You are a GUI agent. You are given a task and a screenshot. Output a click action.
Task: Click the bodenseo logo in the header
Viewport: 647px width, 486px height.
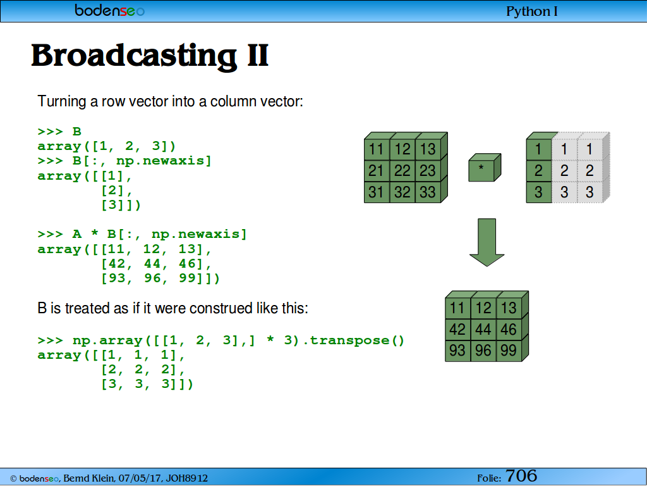[x=110, y=10]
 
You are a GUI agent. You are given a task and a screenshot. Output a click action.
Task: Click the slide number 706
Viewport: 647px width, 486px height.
[x=521, y=476]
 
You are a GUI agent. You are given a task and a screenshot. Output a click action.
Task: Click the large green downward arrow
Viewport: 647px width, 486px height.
[x=487, y=242]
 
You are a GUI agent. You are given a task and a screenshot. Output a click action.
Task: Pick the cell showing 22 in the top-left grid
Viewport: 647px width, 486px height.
[x=402, y=171]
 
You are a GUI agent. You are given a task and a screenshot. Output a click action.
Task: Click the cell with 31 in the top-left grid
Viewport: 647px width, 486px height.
[x=377, y=192]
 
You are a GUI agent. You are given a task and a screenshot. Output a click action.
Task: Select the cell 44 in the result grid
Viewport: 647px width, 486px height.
[x=483, y=329]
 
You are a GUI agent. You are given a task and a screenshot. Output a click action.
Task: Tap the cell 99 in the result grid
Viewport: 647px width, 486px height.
[x=509, y=351]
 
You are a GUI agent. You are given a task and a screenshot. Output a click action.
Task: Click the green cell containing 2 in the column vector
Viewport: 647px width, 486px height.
[x=539, y=171]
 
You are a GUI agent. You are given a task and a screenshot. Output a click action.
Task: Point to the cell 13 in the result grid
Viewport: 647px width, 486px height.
[x=509, y=308]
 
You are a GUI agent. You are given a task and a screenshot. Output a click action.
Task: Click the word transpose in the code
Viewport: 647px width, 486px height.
[x=349, y=340]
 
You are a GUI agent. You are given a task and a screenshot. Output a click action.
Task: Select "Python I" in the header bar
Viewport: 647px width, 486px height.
[x=532, y=11]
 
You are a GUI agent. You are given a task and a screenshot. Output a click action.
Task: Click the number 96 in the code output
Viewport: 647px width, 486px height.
[x=152, y=278]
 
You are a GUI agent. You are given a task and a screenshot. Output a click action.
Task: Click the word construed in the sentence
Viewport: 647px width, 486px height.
[x=221, y=308]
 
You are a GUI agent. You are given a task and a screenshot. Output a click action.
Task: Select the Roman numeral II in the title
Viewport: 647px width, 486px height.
[x=258, y=56]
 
